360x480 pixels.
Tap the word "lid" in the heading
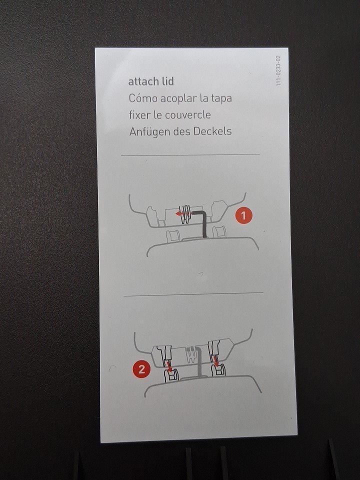pos(168,81)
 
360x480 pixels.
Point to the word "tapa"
pos(221,98)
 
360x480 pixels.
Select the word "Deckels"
pos(212,131)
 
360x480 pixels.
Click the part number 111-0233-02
pos(278,70)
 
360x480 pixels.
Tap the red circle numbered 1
pos(243,215)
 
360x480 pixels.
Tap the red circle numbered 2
pos(141,369)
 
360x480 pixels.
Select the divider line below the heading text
pos(190,155)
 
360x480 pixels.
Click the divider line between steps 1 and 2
pos(193,294)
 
